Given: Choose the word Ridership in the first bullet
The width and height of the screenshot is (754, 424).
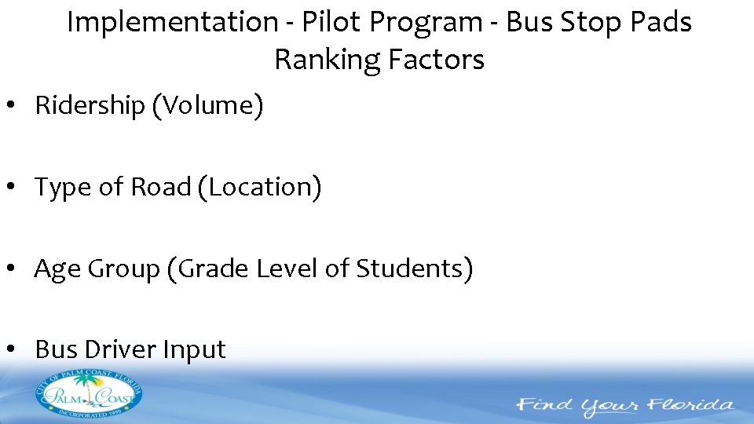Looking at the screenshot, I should tap(90, 106).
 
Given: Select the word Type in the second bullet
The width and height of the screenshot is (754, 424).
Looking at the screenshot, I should tap(60, 188).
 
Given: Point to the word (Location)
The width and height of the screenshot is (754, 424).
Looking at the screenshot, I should tap(259, 188).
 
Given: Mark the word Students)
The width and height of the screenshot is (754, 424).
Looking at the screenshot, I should tap(415, 269).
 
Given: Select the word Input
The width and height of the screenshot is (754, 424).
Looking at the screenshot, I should tap(194, 350).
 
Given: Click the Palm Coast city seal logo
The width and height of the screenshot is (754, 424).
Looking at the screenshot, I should tap(88, 394).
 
